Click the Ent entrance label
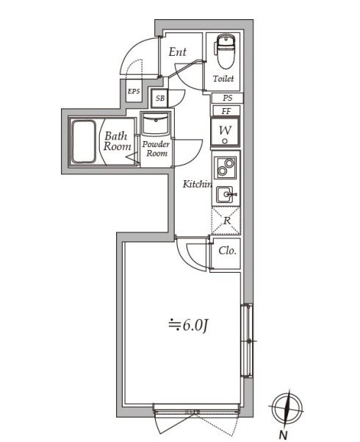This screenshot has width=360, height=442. [177, 52]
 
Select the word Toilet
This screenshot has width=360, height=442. [224, 78]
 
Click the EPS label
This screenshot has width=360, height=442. [134, 91]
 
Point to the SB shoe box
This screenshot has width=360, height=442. [160, 98]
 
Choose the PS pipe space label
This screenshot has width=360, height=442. [227, 98]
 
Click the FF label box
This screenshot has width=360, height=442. [227, 111]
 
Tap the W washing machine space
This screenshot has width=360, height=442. [226, 133]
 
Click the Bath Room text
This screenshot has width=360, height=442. [116, 140]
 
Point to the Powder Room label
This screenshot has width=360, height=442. [156, 149]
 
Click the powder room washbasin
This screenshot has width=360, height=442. [155, 124]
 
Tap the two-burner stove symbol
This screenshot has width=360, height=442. [226, 169]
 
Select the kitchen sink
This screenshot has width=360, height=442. [226, 194]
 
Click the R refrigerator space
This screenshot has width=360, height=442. [226, 220]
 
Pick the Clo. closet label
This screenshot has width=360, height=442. [227, 251]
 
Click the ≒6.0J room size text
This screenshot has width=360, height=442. [190, 322]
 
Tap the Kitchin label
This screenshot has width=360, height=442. [197, 184]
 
